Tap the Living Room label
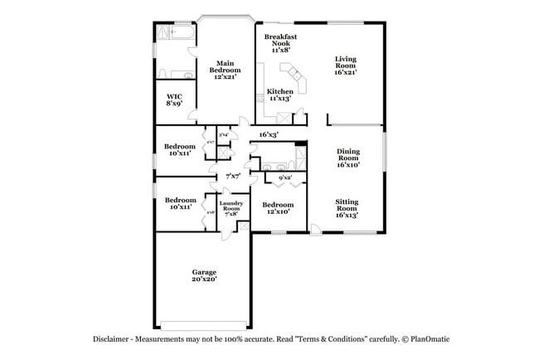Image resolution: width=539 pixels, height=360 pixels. coord(346,64)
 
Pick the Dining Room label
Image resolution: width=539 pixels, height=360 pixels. coord(347,158)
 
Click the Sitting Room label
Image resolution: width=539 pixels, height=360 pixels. coord(347,207)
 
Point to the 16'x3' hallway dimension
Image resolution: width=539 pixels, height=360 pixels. coord(268,134)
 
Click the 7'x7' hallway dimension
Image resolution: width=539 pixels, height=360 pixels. coord(232,176)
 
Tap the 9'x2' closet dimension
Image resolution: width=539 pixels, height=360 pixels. coord(284,178)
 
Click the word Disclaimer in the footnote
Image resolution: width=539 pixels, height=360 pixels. coord(109,339)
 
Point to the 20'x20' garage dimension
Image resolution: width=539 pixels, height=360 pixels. coord(204,280)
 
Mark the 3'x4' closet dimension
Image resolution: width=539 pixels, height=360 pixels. coord(223,134)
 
